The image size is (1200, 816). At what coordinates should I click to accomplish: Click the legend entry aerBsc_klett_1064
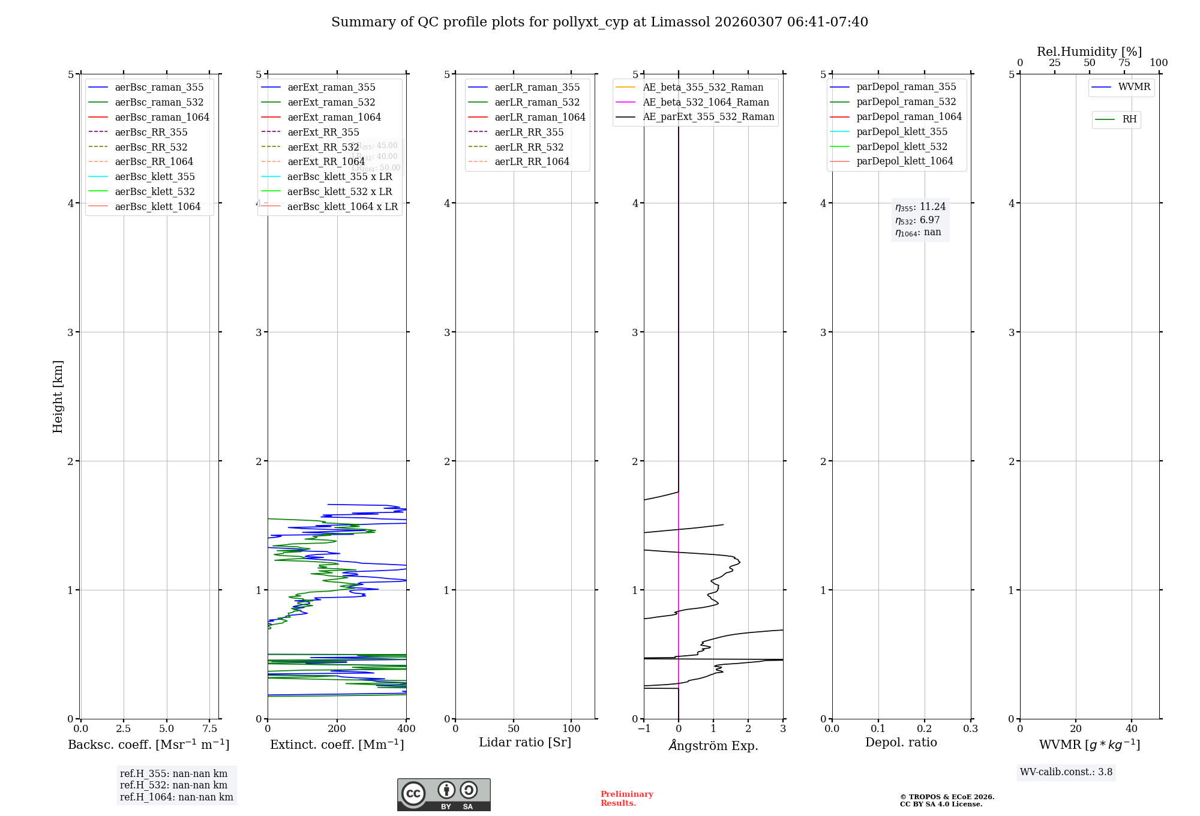coord(157,206)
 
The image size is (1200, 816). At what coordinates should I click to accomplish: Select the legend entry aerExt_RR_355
coord(323,132)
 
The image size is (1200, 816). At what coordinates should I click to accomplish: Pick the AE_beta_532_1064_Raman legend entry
coord(706,102)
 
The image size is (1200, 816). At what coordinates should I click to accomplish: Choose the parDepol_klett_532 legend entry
coord(901,146)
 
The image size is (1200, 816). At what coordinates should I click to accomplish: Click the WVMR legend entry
coord(1133,87)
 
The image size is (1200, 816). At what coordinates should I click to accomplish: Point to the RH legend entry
coord(1129,119)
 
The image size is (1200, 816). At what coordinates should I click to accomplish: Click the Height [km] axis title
coord(58,396)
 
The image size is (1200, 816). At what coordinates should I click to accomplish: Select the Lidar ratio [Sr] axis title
coord(525,742)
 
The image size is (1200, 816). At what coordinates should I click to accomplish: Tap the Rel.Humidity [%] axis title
coord(1089,52)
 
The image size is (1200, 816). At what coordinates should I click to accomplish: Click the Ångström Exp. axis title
coord(713,745)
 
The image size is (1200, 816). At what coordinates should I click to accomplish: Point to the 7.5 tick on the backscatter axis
coord(209,728)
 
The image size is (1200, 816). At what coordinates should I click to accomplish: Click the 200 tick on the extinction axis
coord(337,728)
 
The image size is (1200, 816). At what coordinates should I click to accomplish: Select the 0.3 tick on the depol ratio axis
coord(970,728)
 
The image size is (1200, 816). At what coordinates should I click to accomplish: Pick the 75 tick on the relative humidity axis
coord(1124,63)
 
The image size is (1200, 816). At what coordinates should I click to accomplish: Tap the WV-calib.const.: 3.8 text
coord(1066,772)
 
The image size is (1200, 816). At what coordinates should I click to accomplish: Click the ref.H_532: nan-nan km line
coord(173,785)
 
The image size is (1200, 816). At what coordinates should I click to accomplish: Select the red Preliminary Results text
coord(626,799)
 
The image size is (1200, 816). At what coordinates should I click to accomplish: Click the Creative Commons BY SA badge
coord(443,794)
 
